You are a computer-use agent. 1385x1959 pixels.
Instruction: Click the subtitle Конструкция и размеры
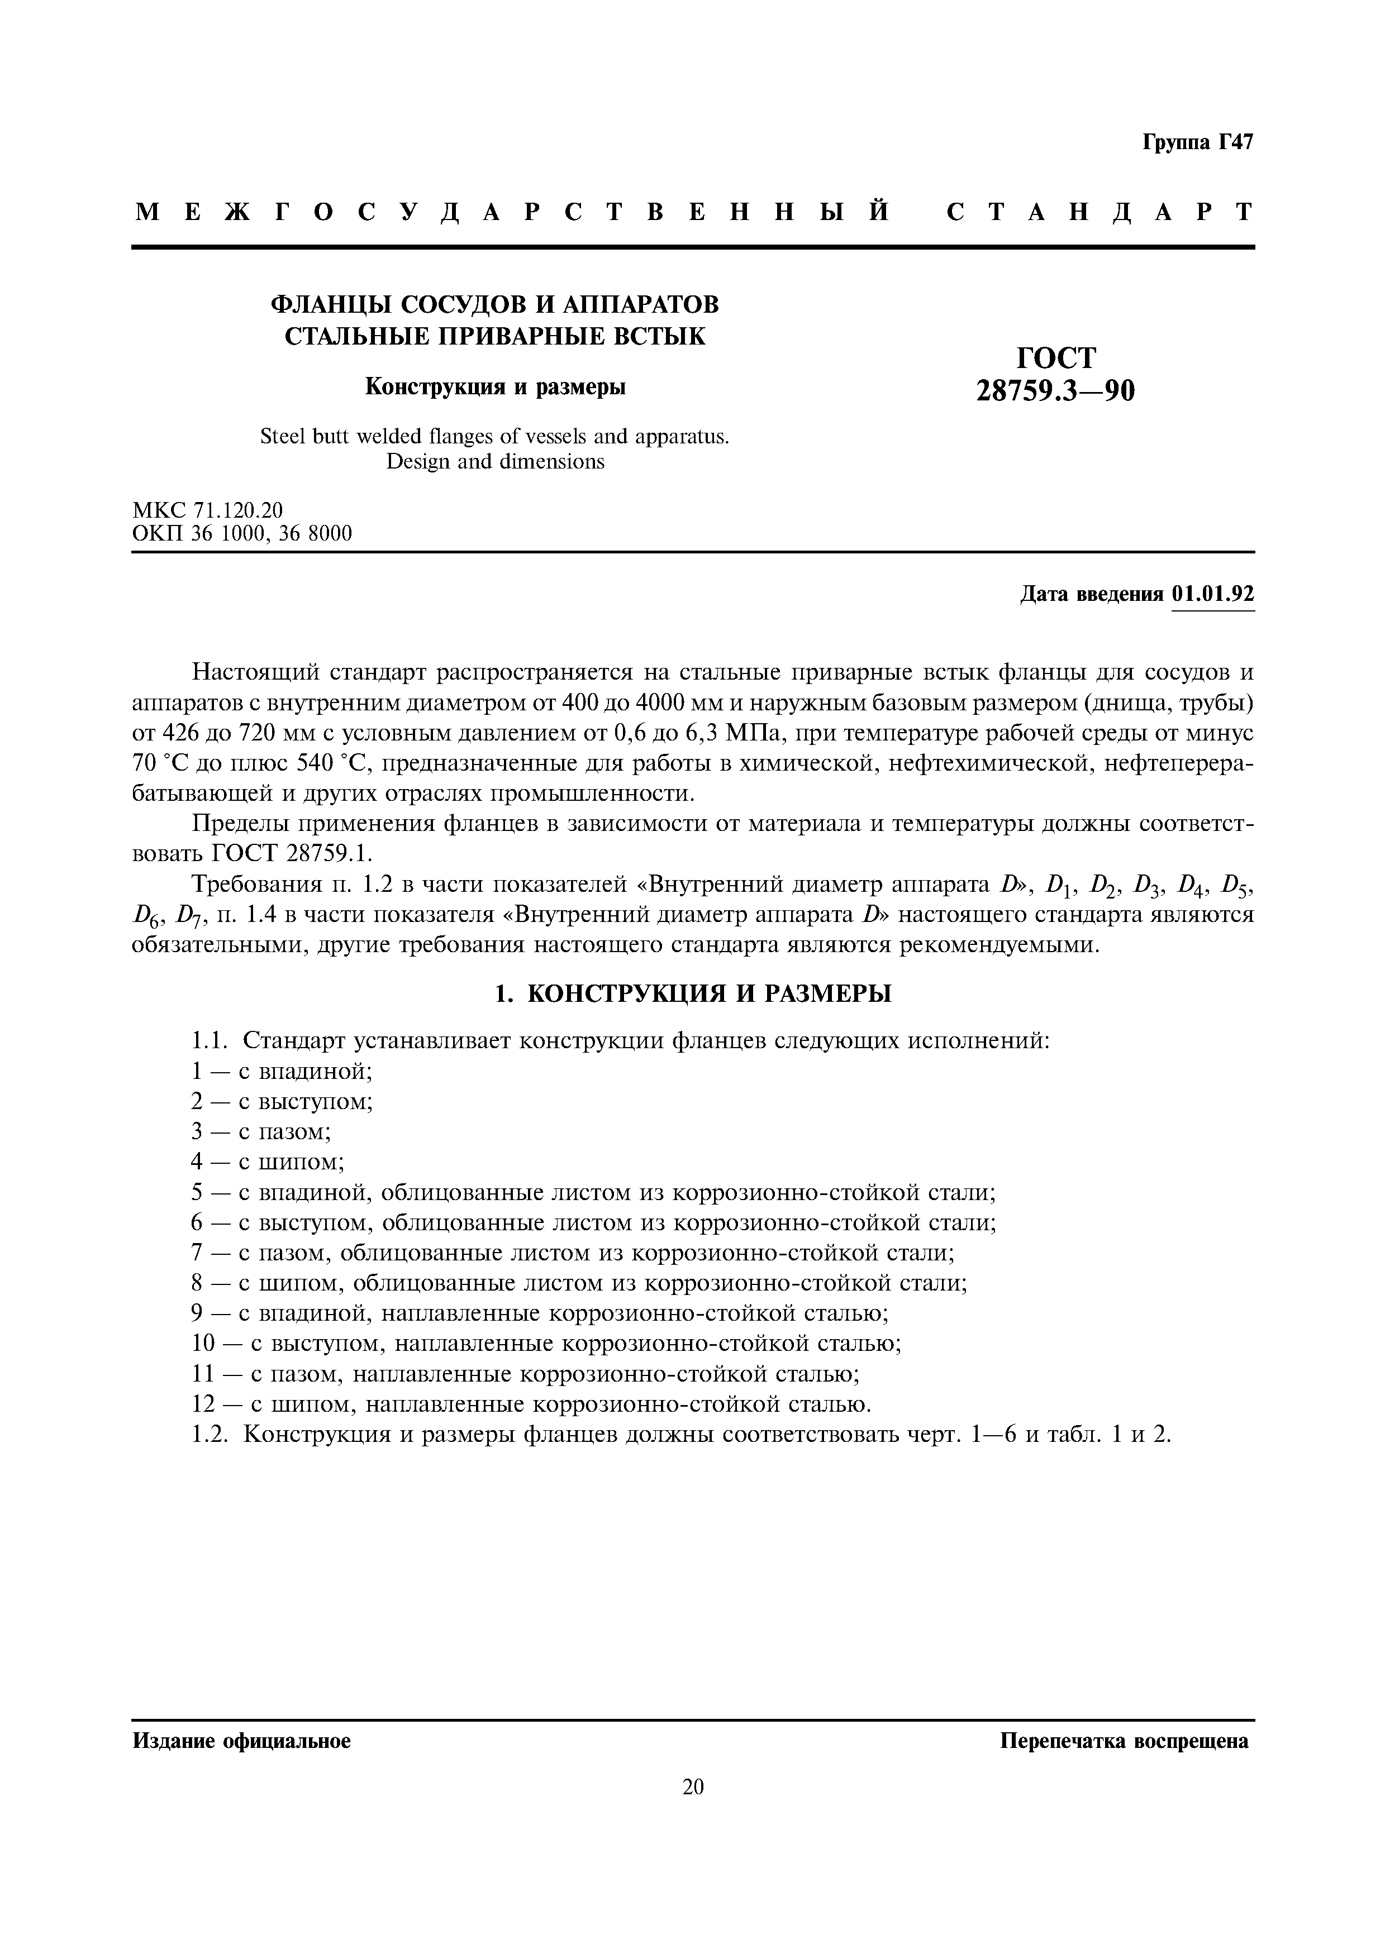click(x=495, y=386)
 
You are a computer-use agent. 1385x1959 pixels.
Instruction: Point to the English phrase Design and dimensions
click(x=495, y=462)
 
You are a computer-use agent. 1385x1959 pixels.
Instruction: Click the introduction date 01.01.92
click(x=1212, y=594)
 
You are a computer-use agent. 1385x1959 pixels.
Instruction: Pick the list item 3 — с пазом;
click(x=260, y=1131)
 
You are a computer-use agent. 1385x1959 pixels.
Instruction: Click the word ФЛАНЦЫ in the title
click(x=331, y=304)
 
